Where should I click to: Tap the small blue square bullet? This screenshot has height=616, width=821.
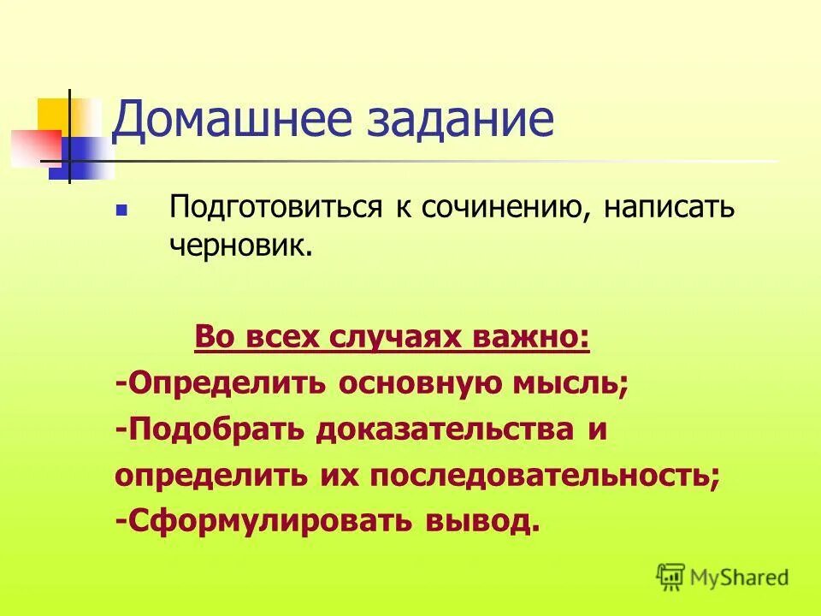tap(121, 210)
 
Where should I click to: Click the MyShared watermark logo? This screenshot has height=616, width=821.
tap(723, 577)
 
